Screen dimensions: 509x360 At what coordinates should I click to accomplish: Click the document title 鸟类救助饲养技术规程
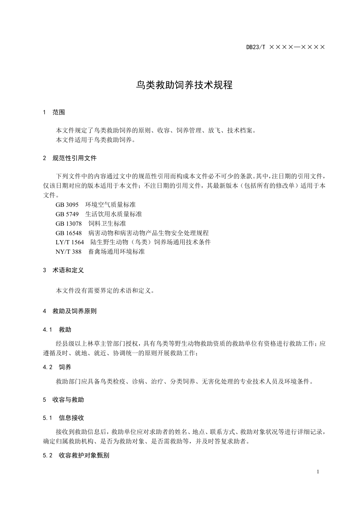click(184, 85)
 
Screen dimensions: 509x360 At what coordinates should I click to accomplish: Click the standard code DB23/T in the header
click(256, 47)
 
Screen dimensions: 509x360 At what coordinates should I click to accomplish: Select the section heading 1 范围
click(54, 112)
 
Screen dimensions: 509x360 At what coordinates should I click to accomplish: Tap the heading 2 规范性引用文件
click(70, 158)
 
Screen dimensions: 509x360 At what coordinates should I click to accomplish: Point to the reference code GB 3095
click(67, 205)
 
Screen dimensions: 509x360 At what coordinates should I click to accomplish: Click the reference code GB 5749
click(67, 214)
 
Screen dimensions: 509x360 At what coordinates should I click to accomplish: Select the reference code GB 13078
click(69, 223)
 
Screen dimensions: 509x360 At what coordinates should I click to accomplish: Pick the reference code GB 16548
click(69, 233)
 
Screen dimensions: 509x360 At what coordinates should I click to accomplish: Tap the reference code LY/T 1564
click(70, 242)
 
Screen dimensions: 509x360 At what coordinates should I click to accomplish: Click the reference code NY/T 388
click(69, 251)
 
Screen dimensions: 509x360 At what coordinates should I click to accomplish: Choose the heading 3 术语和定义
click(63, 270)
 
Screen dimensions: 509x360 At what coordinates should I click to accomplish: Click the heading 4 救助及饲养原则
click(70, 311)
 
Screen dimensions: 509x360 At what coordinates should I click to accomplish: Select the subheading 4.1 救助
click(57, 330)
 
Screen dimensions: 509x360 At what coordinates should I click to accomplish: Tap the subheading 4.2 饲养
click(57, 367)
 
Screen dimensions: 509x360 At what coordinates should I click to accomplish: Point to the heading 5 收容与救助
click(63, 400)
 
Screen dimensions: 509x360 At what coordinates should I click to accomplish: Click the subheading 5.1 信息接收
click(64, 418)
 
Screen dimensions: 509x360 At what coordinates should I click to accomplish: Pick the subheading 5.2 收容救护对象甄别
click(76, 455)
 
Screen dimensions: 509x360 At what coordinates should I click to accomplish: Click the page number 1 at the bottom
click(318, 472)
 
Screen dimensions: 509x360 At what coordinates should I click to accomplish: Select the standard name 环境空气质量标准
click(110, 205)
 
